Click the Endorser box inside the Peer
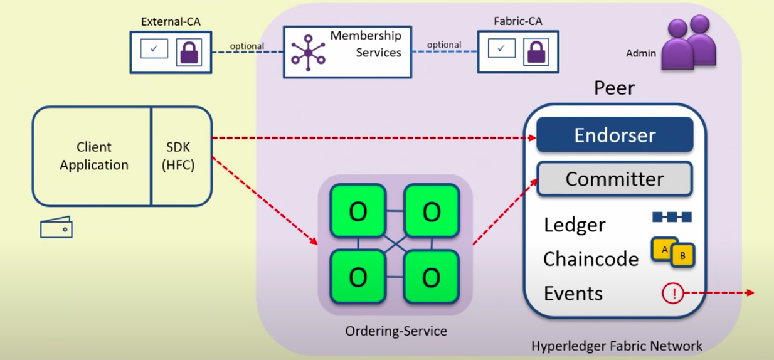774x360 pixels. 614,135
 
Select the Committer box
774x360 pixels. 614,179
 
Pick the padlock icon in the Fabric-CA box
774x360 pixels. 535,53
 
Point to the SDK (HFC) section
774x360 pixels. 181,156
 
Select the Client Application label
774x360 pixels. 94,156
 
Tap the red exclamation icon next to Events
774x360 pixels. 672,293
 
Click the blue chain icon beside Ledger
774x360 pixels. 672,217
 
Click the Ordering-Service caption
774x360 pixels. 396,331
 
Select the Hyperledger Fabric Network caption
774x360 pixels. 617,346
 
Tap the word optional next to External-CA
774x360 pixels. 247,46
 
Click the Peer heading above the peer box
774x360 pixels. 614,88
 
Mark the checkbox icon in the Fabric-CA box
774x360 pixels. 501,48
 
